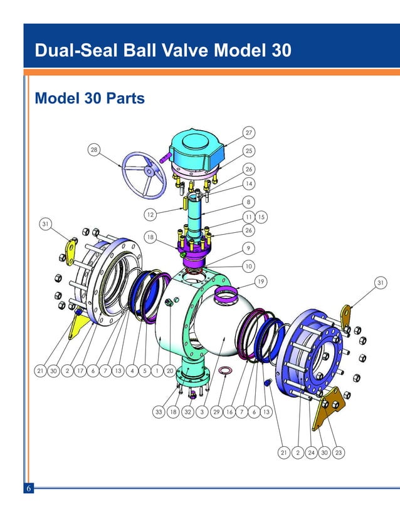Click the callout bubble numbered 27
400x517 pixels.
pyautogui.click(x=249, y=133)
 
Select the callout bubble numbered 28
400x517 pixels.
pyautogui.click(x=94, y=150)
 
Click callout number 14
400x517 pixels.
pyautogui.click(x=249, y=184)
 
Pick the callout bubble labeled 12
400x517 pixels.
pyautogui.click(x=150, y=215)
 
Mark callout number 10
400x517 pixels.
pyautogui.click(x=249, y=265)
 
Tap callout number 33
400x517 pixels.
pyautogui.click(x=159, y=412)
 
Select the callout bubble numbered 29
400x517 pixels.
pyautogui.click(x=216, y=412)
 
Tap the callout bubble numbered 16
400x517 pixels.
pyautogui.click(x=229, y=412)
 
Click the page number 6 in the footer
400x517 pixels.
pyautogui.click(x=28, y=488)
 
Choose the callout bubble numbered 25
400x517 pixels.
pyautogui.click(x=249, y=151)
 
